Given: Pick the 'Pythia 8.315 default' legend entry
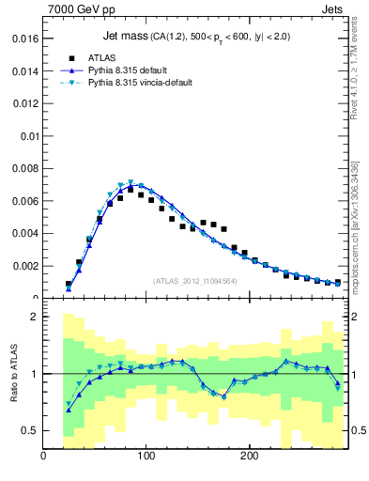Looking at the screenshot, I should click(x=131, y=70).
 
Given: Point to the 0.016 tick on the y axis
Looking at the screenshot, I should click(x=25, y=39).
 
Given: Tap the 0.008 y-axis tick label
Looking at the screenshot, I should click(x=25, y=168).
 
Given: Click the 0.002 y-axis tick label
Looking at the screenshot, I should click(x=25, y=266).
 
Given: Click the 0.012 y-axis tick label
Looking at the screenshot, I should click(x=25, y=103).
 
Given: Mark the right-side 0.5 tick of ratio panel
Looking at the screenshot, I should click(x=358, y=430).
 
